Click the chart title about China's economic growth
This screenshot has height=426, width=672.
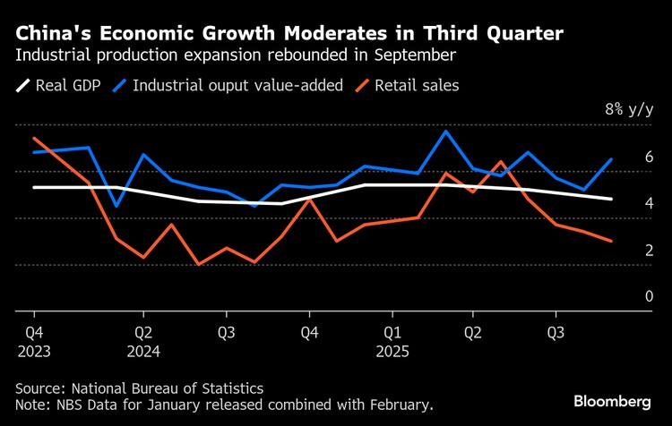[289, 34]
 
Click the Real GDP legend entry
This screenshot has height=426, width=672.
[59, 87]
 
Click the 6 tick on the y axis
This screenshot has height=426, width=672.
[649, 158]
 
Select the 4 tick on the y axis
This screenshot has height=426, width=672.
[649, 204]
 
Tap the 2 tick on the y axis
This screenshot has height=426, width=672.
[649, 251]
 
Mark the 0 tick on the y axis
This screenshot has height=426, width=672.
[649, 297]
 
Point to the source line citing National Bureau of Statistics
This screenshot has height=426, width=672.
[139, 388]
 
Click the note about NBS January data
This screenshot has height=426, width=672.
[224, 405]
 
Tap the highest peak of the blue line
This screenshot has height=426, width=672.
[446, 132]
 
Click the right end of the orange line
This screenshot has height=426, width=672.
[611, 241]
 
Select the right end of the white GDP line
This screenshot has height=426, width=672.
[611, 199]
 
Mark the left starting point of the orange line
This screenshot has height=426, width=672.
[33, 138]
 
